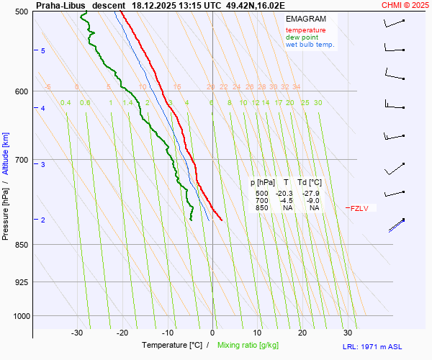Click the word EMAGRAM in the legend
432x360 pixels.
[x=305, y=19]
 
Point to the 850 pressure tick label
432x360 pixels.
[x=22, y=245]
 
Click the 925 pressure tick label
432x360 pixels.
[x=22, y=282]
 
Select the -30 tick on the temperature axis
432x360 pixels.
[x=77, y=333]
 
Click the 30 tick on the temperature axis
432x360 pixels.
[x=347, y=333]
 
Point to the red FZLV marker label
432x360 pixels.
[x=359, y=209]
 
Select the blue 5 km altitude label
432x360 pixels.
[x=43, y=50]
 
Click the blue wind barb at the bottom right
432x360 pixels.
[x=396, y=225]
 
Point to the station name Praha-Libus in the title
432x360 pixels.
[x=60, y=5]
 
